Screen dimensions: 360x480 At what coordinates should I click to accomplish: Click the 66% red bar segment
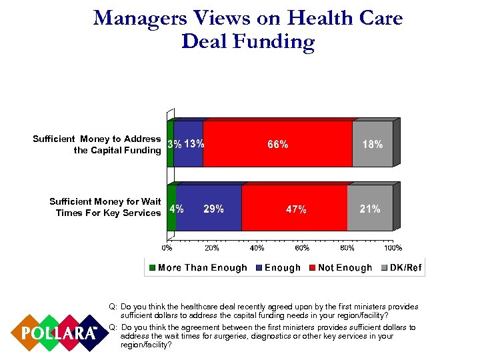(x=277, y=144)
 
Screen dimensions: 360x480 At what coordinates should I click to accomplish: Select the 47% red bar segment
(x=295, y=209)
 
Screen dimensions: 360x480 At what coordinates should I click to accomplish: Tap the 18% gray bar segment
(x=372, y=144)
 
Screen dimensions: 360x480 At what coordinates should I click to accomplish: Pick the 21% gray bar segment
(x=370, y=209)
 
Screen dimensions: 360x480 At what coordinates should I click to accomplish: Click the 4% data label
(x=177, y=209)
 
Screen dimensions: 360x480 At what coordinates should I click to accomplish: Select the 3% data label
(x=175, y=144)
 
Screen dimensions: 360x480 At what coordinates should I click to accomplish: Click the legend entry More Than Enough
(x=197, y=268)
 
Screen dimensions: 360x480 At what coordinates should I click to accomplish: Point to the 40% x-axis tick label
(x=257, y=248)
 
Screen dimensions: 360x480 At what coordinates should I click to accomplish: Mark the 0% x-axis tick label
(x=167, y=248)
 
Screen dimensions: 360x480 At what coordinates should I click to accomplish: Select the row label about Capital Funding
(x=97, y=145)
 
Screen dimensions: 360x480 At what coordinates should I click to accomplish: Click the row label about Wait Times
(x=105, y=207)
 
